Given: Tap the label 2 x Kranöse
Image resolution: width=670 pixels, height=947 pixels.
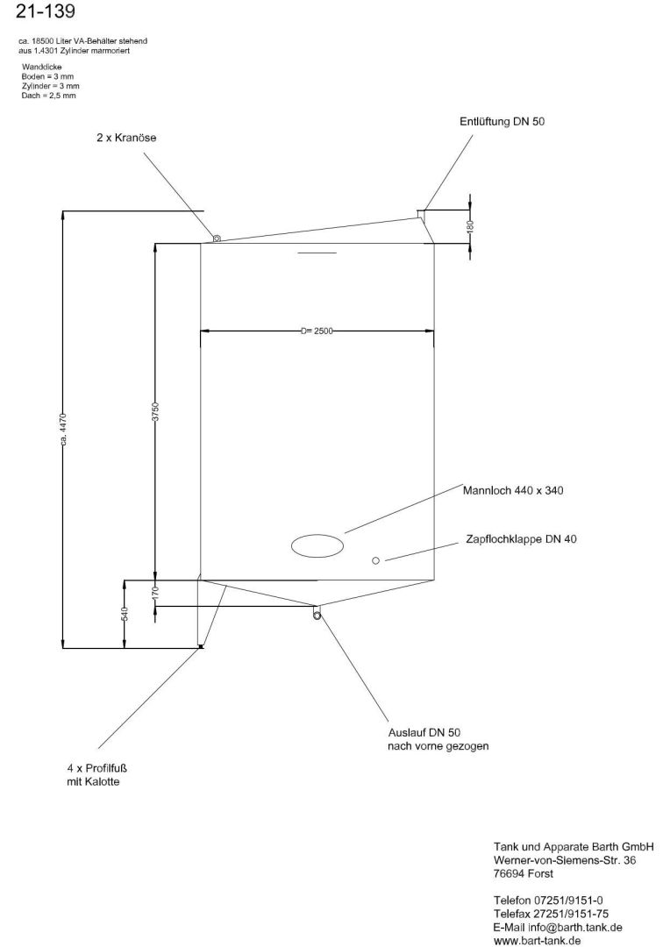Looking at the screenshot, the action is coord(126,138).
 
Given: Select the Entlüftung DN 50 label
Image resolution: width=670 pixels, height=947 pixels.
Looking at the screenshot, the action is coord(502,121).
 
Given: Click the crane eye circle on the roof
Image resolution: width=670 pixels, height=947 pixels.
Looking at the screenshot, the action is coord(217,238).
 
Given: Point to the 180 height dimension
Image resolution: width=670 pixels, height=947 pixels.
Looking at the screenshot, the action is coord(471,226).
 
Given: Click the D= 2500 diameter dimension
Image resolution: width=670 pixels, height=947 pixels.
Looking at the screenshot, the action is coord(317,331).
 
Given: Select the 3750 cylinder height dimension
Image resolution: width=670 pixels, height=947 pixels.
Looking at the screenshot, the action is coord(155,411).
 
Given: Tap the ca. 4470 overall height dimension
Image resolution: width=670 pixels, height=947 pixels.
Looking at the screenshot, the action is coord(63,430).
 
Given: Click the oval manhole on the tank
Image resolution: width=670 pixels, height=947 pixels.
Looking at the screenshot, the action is coord(317,545).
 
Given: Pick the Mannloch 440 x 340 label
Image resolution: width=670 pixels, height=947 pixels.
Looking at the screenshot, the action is coord(513,490).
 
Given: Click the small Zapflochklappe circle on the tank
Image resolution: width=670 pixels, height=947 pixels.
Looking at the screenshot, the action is coord(376,560).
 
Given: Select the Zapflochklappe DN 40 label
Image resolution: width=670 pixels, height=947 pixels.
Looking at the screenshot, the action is coord(522,538).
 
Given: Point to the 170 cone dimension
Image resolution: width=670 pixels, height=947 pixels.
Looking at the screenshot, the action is coord(155,593).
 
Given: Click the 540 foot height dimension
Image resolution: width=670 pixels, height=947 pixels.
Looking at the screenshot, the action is coord(125,614).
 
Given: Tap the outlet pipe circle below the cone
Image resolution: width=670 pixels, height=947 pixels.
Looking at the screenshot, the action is coord(317,615).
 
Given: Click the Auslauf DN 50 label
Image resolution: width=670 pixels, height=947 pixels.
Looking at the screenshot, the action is coord(424,733).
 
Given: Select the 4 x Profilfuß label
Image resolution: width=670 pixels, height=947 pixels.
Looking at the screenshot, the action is coord(96,769).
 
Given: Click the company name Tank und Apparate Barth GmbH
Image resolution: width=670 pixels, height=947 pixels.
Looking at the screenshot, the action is coord(574,847).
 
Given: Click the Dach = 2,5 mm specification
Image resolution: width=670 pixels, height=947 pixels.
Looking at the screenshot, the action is coord(48,96).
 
